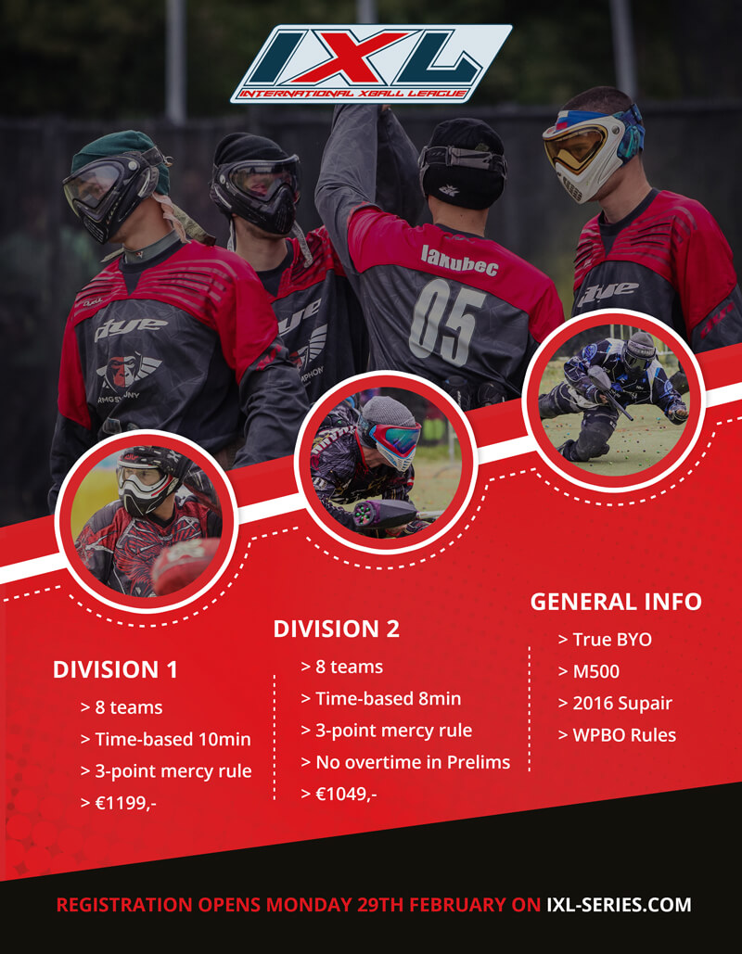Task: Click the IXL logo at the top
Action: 371,63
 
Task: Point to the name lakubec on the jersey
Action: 459,260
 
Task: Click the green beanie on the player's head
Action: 120,159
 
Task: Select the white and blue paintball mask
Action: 594,152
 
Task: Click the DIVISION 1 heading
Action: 115,670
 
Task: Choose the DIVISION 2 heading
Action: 336,630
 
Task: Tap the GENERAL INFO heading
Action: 616,602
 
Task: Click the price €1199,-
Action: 119,803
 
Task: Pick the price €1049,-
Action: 339,794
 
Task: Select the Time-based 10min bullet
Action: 166,739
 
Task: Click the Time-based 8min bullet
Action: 381,698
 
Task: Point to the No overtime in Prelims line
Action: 406,762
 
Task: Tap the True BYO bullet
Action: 605,640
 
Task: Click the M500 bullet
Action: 589,671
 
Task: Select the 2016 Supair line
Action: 615,704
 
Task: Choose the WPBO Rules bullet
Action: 617,735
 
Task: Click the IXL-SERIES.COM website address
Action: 619,905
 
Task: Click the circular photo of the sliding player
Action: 614,400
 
